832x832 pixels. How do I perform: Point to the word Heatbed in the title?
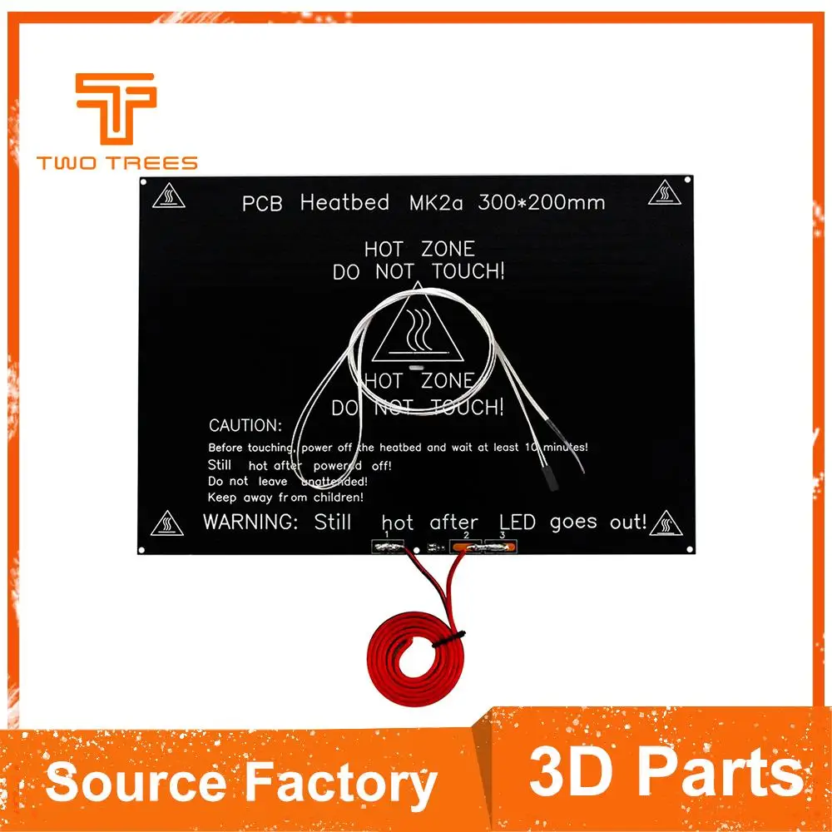[x=344, y=202]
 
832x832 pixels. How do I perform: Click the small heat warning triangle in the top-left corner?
[x=170, y=196]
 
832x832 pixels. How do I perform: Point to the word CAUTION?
[x=245, y=425]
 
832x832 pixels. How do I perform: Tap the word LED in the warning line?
[x=518, y=522]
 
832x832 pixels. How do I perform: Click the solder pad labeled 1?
[x=386, y=547]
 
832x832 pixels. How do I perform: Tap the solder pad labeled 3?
[x=502, y=547]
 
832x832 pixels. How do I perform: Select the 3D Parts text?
[x=666, y=772]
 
